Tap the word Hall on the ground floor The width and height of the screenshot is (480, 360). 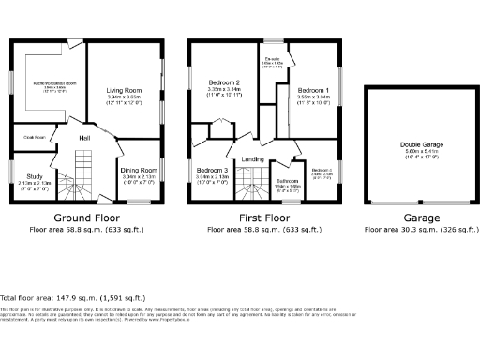[x=84, y=138]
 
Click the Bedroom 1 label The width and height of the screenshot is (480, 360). [x=313, y=89]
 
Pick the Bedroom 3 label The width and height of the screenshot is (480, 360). [x=213, y=170]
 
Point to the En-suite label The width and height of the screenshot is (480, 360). [x=274, y=61]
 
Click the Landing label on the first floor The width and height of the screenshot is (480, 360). [x=253, y=158]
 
